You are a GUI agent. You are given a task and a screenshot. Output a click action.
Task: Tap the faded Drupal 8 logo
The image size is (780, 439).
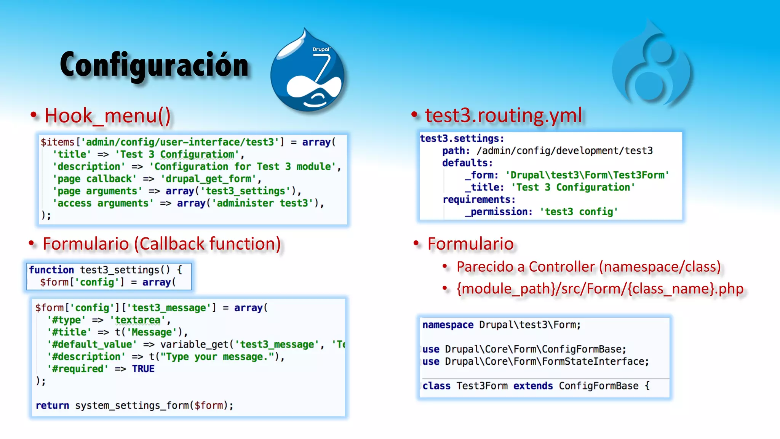tap(652, 65)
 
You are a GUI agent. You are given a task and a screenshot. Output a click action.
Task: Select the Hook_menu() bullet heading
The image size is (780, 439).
tap(108, 115)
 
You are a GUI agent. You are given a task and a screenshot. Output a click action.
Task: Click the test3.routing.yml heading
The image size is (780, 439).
tap(503, 115)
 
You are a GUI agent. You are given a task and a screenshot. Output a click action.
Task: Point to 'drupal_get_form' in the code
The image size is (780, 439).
tap(208, 179)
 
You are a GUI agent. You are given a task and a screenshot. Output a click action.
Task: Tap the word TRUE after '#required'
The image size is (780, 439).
tap(143, 369)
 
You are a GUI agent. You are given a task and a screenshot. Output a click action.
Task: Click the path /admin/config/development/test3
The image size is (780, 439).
tap(564, 151)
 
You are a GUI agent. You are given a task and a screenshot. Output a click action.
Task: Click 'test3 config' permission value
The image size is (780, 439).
tap(579, 212)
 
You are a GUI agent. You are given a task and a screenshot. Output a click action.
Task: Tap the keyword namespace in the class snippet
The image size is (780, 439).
tap(448, 325)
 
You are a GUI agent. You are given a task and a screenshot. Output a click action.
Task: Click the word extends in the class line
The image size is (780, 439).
tap(533, 386)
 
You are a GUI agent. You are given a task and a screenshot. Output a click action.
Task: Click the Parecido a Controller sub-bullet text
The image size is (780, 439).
tap(588, 267)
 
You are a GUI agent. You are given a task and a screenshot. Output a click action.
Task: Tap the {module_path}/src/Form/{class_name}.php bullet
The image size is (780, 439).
tap(600, 289)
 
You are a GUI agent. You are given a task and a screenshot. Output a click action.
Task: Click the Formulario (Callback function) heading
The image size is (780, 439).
tap(162, 244)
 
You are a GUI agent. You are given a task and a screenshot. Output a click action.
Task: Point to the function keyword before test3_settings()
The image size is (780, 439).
tap(51, 270)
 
